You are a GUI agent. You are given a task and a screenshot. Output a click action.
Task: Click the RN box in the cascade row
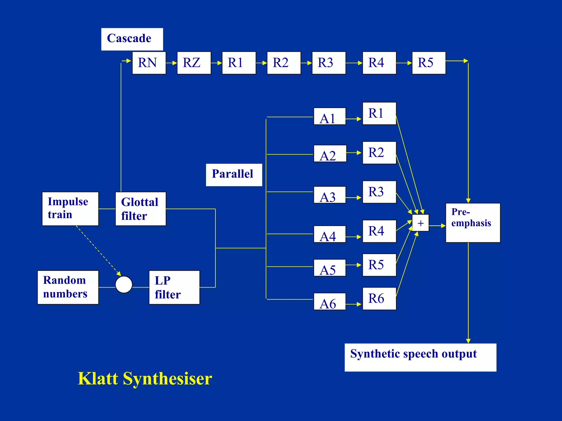149,63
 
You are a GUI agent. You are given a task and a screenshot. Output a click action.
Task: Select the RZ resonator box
194,63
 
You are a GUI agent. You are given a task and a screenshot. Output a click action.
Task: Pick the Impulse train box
70,209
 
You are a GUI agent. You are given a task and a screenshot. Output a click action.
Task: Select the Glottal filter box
140,209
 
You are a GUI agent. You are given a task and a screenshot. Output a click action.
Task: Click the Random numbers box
68,287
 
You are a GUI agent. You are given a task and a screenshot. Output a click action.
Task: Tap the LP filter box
174,287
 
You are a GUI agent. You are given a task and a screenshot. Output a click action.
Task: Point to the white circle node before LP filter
124,285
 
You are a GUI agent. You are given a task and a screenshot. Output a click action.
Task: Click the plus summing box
420,223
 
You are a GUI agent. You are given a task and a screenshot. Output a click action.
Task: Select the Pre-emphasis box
473,223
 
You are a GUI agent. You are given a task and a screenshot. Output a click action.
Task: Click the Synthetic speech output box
420,357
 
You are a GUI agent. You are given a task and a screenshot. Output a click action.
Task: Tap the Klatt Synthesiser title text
145,379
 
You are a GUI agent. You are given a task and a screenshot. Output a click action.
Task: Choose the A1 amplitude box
329,116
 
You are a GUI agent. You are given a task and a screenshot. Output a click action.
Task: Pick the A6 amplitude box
329,301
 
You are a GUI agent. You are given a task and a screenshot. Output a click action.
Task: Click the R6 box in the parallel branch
379,298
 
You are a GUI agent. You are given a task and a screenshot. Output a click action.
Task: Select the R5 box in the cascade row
428,63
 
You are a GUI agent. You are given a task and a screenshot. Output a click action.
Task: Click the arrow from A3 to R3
353,197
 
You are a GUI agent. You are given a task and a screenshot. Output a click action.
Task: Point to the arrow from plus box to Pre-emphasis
437,226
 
